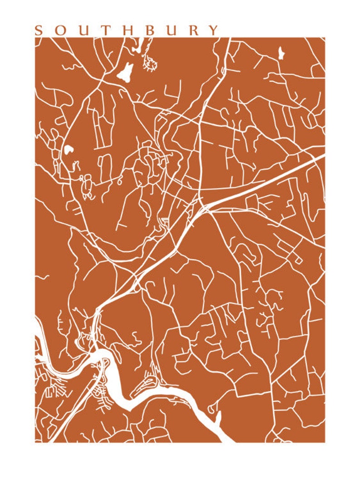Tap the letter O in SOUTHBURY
click(x=61, y=30)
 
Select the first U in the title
click(x=83, y=30)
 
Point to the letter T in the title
click(x=106, y=30)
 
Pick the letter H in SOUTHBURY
click(x=129, y=30)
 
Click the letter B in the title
click(x=151, y=30)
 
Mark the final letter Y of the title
click(x=214, y=30)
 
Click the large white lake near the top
click(x=126, y=72)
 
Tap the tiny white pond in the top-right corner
click(x=281, y=53)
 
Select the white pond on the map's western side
click(x=68, y=149)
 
